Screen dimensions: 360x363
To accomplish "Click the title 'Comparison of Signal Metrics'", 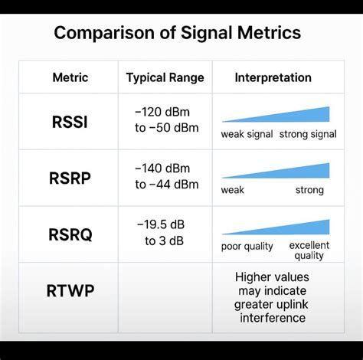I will tap(177, 34).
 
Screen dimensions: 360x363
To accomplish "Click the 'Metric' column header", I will tap(70, 77).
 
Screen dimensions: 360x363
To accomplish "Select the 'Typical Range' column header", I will tap(165, 77).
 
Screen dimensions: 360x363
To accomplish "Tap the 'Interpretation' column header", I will tap(273, 77).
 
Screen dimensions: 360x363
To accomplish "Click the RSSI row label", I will tap(70, 122).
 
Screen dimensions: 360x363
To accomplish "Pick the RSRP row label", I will tap(70, 178).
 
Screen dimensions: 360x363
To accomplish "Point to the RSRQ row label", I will tap(70, 234).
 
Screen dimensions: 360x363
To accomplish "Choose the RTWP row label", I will tap(70, 290).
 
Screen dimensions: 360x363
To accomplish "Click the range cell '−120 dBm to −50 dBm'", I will tap(166, 119).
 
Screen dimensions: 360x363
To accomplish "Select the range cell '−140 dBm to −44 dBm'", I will tap(166, 176).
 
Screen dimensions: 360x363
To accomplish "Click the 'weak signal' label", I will tap(247, 135).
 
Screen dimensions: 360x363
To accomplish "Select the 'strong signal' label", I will tap(308, 135).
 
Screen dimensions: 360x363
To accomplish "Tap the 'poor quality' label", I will tap(247, 246).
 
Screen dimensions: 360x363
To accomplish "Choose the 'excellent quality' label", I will tap(309, 250).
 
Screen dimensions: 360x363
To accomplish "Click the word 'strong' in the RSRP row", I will tap(309, 190).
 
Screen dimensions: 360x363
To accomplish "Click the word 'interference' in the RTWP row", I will tap(270, 318).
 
